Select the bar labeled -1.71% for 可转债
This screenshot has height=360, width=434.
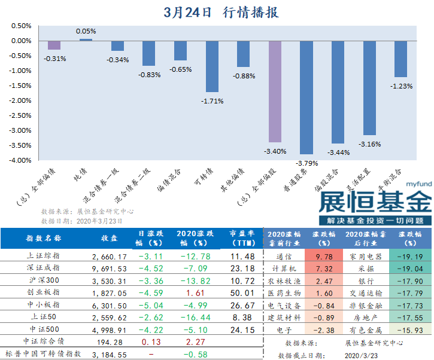(x=212, y=66)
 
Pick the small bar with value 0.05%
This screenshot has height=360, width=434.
(x=86, y=39)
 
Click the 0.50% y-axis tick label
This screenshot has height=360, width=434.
(x=21, y=26)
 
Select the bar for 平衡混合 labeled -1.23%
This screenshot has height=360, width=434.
(x=401, y=59)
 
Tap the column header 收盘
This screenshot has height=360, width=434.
(x=108, y=238)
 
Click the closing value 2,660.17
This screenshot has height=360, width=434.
(x=108, y=256)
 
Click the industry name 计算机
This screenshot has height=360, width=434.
(x=280, y=269)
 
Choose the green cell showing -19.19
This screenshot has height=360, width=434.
(x=411, y=256)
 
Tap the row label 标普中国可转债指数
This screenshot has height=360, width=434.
(x=44, y=354)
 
